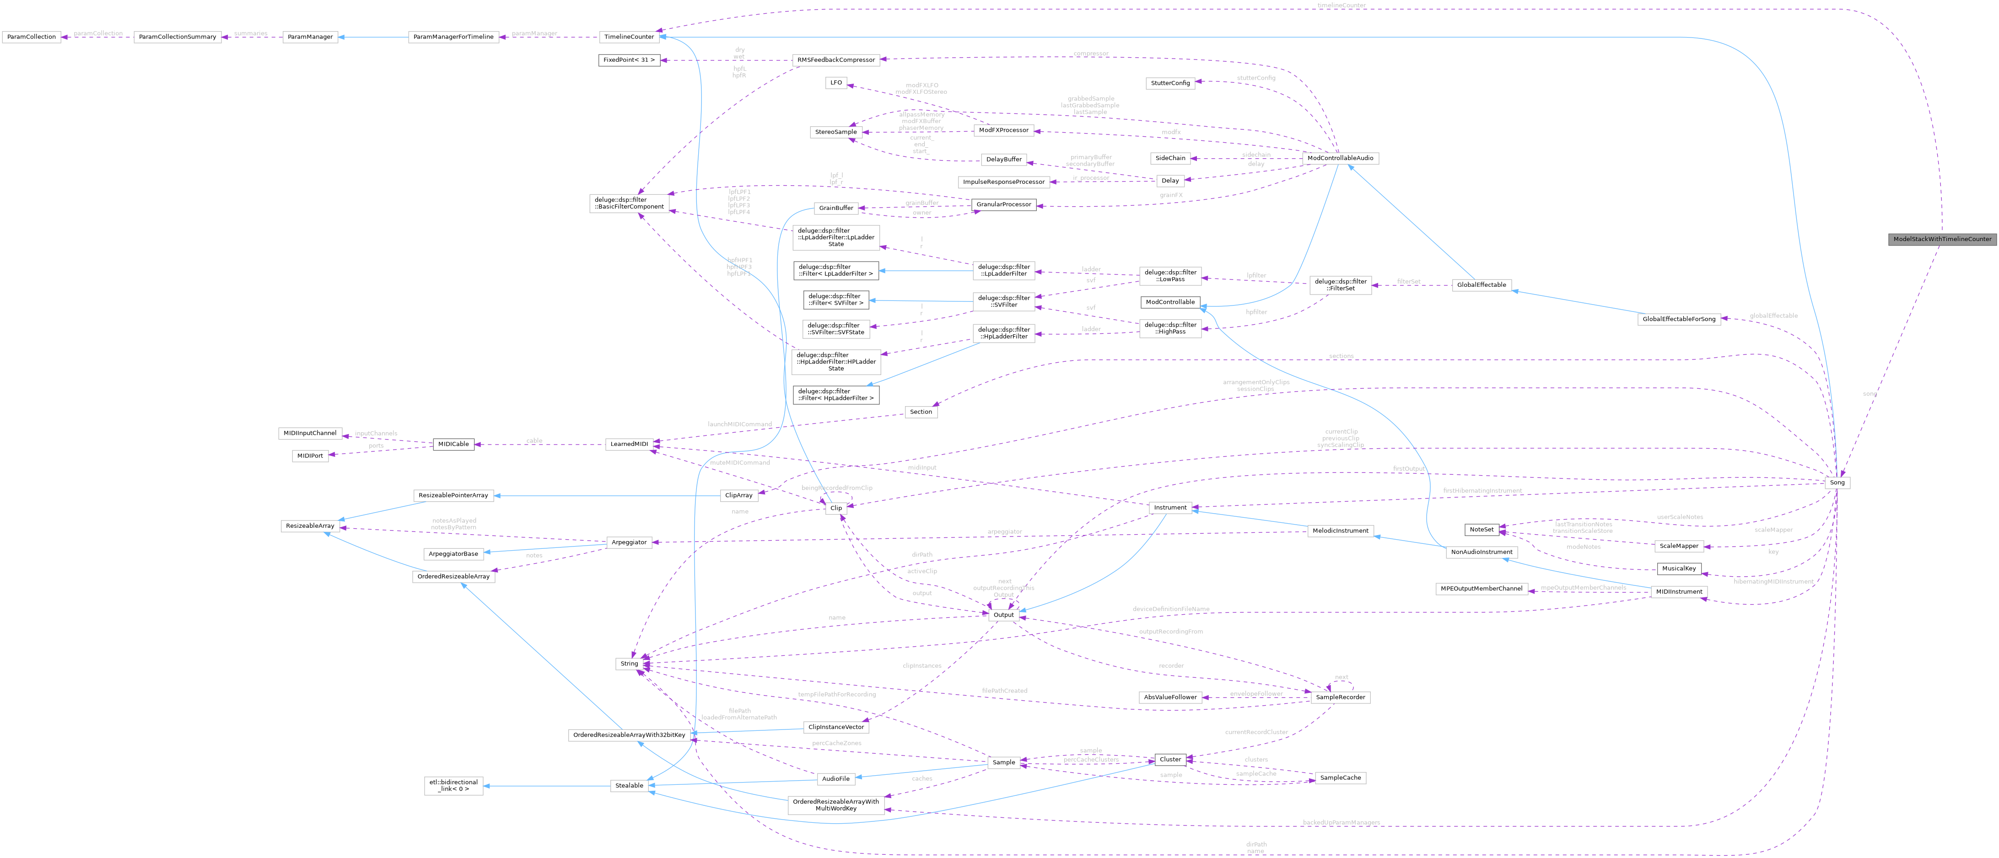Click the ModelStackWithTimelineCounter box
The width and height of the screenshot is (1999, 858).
tap(1942, 239)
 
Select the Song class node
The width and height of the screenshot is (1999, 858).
tap(1837, 483)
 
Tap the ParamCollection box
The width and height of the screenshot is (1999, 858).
tap(31, 37)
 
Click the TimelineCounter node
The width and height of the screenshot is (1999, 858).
tap(629, 37)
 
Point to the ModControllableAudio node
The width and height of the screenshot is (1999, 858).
tap(1340, 158)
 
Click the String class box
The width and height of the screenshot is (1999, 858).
tap(629, 664)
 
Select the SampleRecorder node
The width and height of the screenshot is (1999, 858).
tap(1340, 697)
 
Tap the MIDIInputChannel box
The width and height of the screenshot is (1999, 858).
tap(310, 433)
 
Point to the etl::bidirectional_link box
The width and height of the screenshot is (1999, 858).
tap(453, 786)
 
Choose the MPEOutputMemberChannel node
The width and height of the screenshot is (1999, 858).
tap(1482, 589)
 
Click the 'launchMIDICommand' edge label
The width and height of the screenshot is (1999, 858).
tap(739, 424)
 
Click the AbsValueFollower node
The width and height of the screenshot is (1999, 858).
tap(1170, 697)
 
